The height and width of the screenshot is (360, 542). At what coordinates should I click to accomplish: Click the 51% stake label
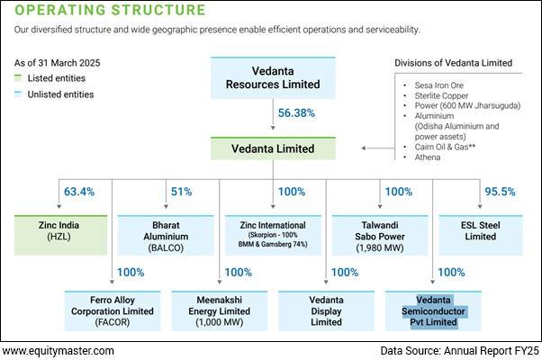181,192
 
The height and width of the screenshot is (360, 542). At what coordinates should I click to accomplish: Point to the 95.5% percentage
498,192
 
